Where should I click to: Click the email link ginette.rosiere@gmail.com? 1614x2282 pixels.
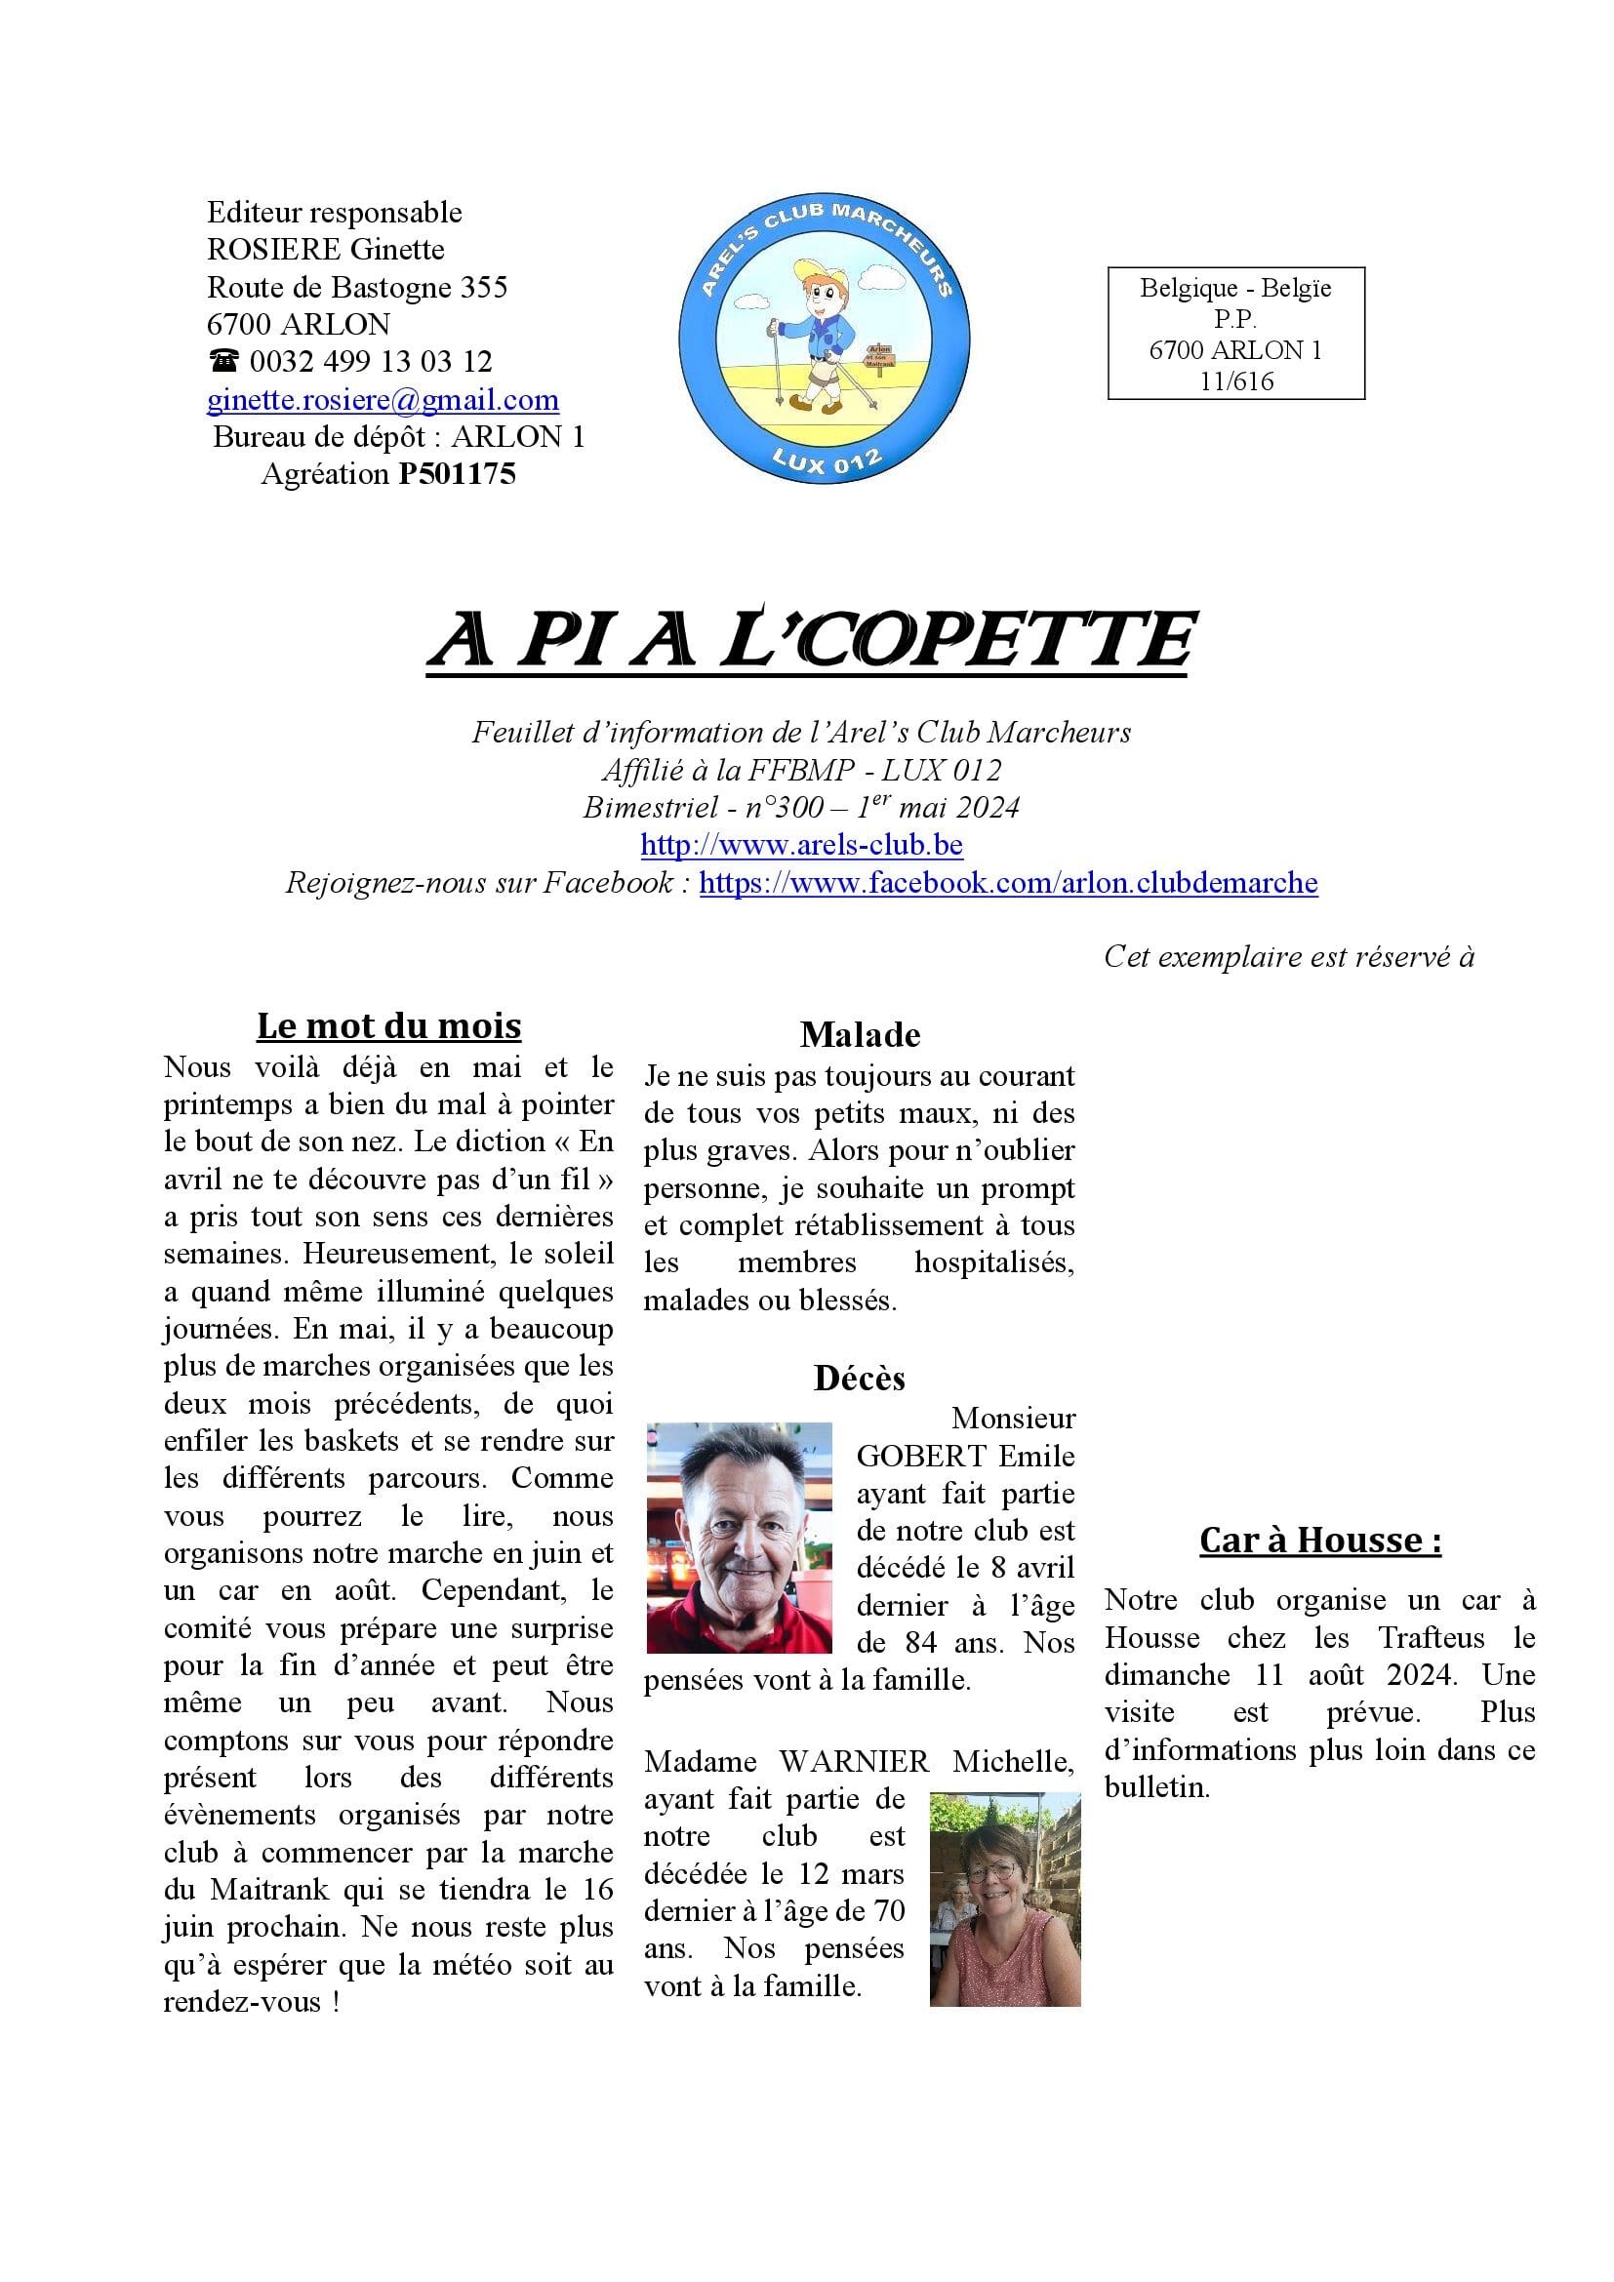[x=383, y=401]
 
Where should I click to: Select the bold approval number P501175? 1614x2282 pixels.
[x=457, y=475]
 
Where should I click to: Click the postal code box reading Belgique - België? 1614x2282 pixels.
[x=1235, y=333]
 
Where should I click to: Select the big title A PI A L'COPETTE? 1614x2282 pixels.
[x=809, y=640]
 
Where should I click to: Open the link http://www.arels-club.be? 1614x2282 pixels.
[x=801, y=846]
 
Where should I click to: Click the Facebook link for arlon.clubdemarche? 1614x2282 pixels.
[x=1008, y=884]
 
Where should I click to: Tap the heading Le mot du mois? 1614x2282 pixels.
[x=388, y=1025]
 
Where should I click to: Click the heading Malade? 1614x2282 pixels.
[x=860, y=1036]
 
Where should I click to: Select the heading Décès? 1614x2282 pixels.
[x=860, y=1379]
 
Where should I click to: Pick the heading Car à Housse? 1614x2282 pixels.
[x=1320, y=1541]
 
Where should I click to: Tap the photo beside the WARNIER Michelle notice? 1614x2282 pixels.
[x=1005, y=1900]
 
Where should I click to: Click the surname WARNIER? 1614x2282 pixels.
[x=854, y=1762]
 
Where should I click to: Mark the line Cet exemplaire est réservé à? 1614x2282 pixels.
[x=1288, y=957]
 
